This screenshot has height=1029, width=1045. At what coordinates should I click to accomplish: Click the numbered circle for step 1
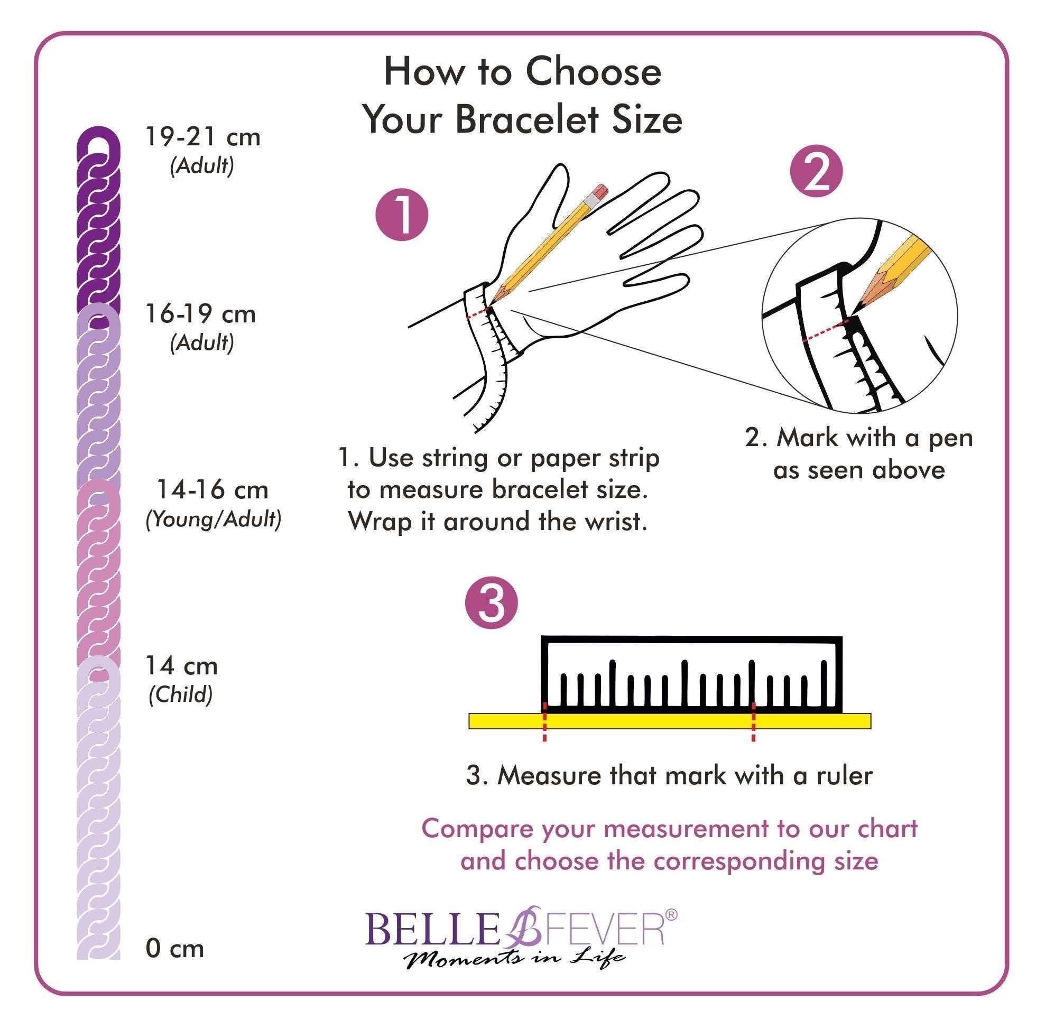click(x=402, y=214)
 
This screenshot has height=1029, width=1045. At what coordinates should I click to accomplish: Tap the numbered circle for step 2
click(x=817, y=172)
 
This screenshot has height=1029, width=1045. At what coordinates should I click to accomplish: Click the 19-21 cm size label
click(x=203, y=137)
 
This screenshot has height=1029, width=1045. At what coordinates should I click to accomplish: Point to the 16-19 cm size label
click(x=200, y=313)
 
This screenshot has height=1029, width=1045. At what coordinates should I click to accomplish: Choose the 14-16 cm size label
click(x=212, y=489)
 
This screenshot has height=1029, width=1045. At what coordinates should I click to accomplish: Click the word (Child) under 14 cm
click(x=181, y=694)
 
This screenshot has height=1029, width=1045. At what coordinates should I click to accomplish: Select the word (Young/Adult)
click(x=214, y=520)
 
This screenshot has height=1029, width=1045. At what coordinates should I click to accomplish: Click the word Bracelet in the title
click(x=529, y=119)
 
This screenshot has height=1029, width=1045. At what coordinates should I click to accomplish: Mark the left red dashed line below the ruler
click(x=544, y=722)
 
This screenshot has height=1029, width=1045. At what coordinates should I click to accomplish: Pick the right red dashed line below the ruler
click(x=753, y=722)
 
